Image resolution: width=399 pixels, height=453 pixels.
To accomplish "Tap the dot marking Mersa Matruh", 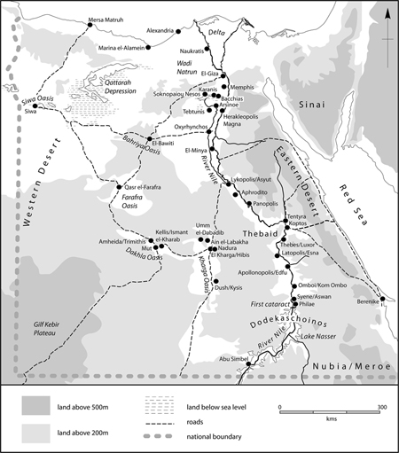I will (x=91, y=27).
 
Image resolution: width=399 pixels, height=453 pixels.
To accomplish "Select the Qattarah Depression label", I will (x=106, y=84).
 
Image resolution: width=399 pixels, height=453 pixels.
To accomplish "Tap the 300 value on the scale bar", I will (x=382, y=406).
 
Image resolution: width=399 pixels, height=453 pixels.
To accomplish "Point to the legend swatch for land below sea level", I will (x=160, y=405).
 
